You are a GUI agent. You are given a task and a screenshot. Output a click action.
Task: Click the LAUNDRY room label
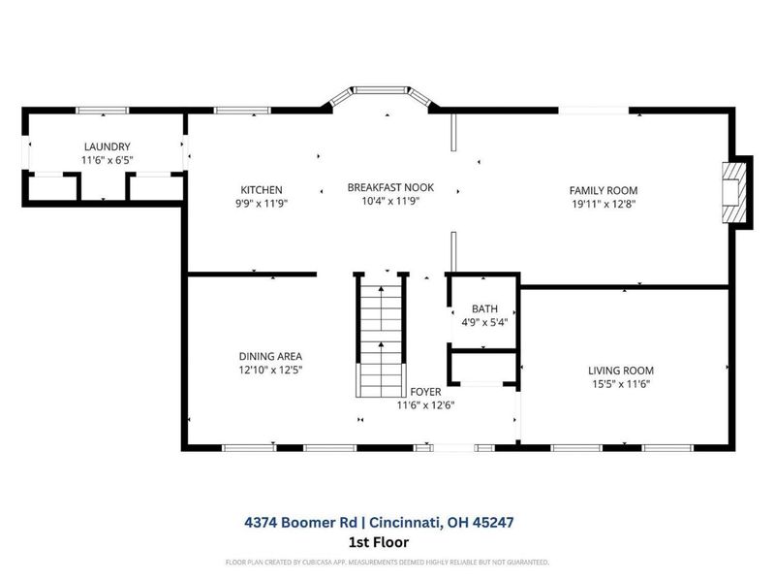click(x=107, y=146)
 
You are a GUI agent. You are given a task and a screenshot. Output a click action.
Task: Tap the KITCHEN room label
click(x=262, y=190)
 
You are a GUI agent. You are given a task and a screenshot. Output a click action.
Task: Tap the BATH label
click(x=483, y=309)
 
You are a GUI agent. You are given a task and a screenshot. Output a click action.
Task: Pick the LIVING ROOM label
click(x=621, y=371)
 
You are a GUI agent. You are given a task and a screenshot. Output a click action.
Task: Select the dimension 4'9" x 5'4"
click(x=483, y=323)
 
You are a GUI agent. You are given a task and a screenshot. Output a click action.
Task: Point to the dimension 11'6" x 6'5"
click(x=107, y=160)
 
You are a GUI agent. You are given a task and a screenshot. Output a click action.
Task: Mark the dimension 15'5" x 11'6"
click(x=621, y=384)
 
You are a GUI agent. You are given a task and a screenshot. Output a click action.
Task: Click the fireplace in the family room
click(x=733, y=192)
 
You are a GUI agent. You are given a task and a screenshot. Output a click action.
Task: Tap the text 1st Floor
click(x=386, y=542)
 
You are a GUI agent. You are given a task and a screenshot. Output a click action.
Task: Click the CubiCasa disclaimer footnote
click(x=387, y=562)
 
